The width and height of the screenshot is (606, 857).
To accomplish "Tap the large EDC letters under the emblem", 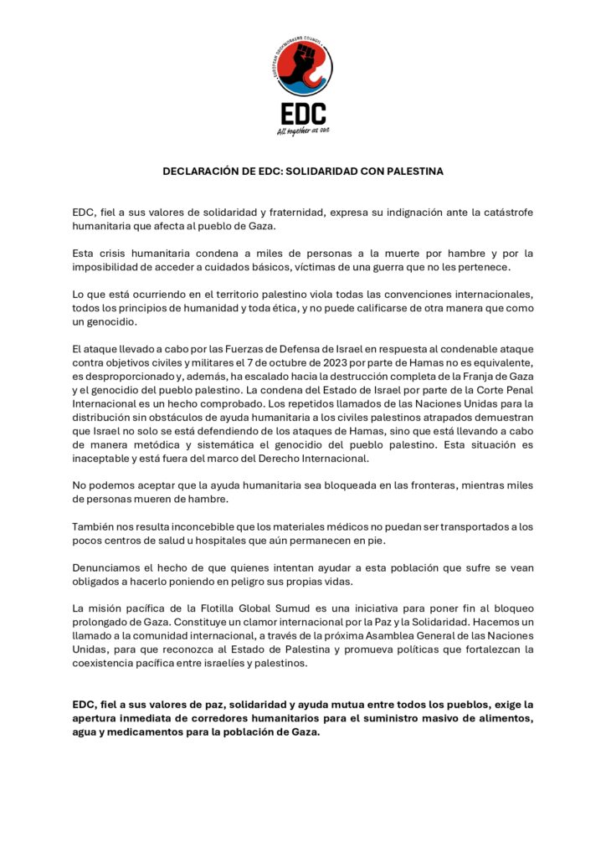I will (x=302, y=113).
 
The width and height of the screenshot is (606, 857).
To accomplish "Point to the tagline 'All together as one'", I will (x=302, y=131).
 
